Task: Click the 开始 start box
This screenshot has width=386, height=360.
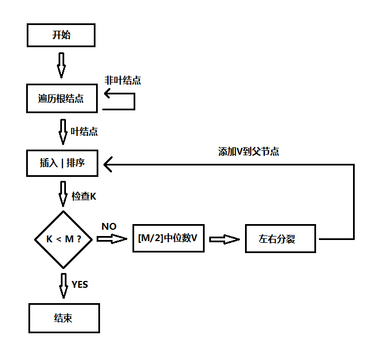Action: point(61,35)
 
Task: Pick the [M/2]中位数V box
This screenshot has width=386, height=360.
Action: point(168,239)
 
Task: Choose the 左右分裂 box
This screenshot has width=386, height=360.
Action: point(280,239)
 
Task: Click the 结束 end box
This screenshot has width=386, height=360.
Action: point(64,318)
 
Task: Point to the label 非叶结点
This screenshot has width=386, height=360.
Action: point(123,80)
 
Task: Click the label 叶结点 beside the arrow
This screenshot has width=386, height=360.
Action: point(84,131)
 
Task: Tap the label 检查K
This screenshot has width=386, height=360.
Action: point(84,196)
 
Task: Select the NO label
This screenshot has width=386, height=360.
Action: point(109,226)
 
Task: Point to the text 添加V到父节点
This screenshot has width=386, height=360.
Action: point(248,152)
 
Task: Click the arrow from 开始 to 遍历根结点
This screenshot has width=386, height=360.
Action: point(61,65)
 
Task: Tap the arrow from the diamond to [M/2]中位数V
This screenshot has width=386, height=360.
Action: point(111,239)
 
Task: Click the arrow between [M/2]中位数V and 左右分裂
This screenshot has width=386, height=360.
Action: point(224,239)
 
